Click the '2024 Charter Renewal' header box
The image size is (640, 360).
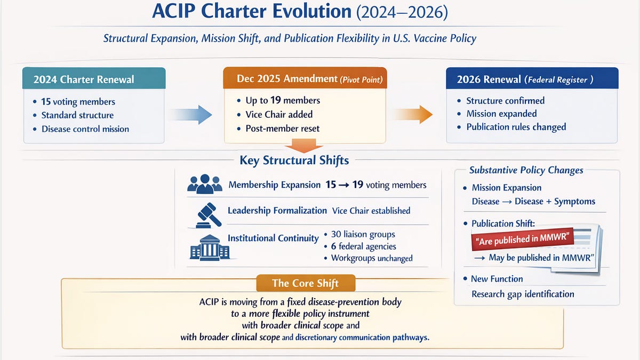click(x=94, y=79)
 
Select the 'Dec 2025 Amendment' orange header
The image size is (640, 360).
click(x=305, y=79)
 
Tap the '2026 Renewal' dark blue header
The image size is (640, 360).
click(x=532, y=79)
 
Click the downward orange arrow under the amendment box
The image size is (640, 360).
click(x=305, y=146)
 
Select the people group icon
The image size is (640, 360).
click(x=205, y=184)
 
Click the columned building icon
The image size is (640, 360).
click(x=210, y=247)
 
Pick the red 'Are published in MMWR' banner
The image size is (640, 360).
click(x=522, y=241)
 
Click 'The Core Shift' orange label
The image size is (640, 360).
click(x=305, y=283)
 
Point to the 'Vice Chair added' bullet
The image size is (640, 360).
click(x=279, y=114)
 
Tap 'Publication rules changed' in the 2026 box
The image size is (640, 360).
click(x=516, y=127)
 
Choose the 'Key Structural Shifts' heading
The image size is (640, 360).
click(x=294, y=161)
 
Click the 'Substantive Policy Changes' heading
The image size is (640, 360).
click(x=526, y=170)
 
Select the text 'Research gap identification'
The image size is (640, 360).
click(x=523, y=294)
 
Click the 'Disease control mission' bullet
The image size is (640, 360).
click(x=85, y=129)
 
